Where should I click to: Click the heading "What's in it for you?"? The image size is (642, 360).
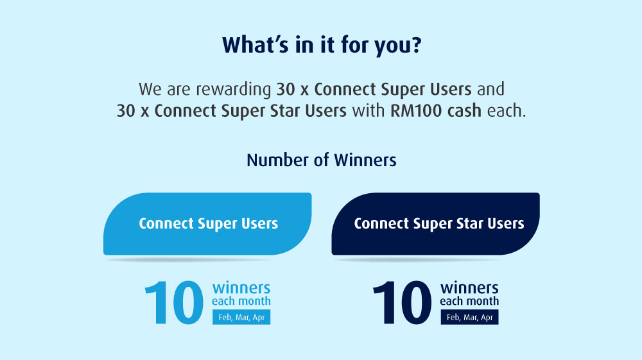click(x=322, y=45)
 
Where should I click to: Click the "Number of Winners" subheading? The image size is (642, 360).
click(x=322, y=160)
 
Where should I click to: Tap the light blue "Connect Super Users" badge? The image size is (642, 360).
click(x=207, y=224)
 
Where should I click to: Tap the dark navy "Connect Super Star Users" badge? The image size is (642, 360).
click(x=436, y=224)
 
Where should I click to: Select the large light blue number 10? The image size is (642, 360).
click(x=174, y=302)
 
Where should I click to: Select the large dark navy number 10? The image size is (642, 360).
click(x=402, y=302)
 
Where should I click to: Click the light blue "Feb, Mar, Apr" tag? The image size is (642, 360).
click(x=241, y=317)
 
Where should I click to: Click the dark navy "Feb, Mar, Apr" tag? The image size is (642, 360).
click(x=470, y=317)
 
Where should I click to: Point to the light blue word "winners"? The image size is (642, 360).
click(x=241, y=288)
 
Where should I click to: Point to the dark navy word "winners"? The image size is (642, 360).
click(x=469, y=288)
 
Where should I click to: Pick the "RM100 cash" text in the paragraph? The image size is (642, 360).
click(x=436, y=110)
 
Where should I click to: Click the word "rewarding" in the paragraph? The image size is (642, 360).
click(x=234, y=90)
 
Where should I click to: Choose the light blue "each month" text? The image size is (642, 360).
click(x=241, y=302)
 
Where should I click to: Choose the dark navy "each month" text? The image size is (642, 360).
click(x=469, y=302)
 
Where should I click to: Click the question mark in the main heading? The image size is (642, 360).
click(x=417, y=45)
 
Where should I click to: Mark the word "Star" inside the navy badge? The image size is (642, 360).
click(x=471, y=224)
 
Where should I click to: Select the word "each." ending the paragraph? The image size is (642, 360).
click(x=507, y=110)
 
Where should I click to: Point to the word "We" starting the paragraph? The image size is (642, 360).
click(x=150, y=89)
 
